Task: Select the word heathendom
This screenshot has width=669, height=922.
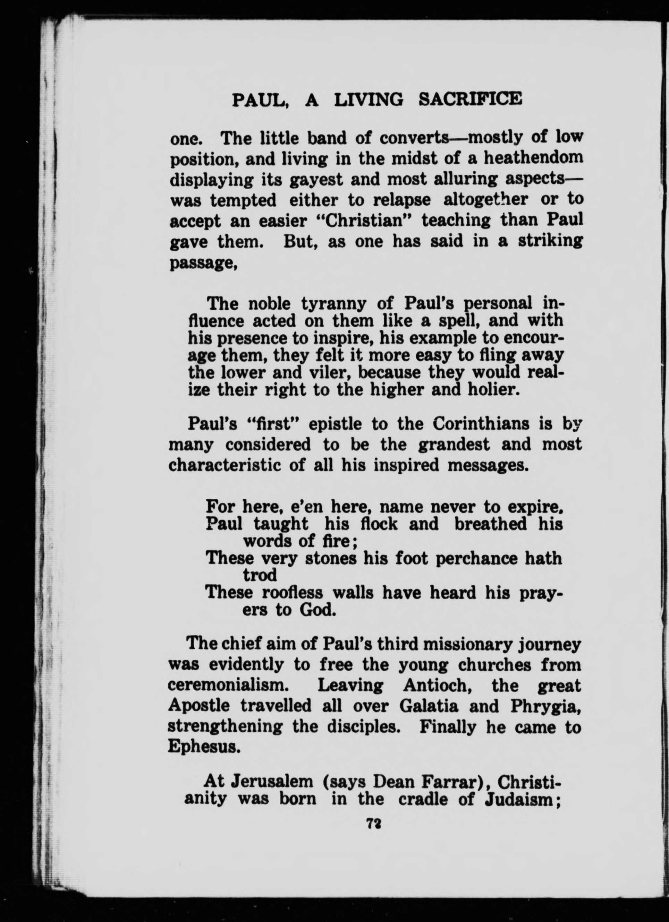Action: click(533, 158)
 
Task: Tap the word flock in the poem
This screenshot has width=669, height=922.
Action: click(381, 524)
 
